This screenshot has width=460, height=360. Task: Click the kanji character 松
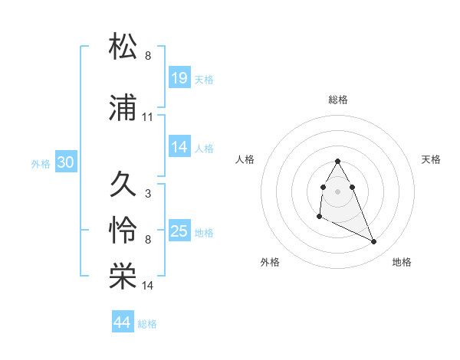click(x=123, y=47)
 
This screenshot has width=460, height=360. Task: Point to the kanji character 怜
click(x=123, y=231)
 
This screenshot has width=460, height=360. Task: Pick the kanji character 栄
click(x=123, y=277)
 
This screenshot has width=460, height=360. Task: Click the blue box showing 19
click(x=179, y=77)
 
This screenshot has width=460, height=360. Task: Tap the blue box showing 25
click(x=179, y=231)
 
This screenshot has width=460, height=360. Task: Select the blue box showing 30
click(x=65, y=162)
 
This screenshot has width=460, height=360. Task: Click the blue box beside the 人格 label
click(x=179, y=147)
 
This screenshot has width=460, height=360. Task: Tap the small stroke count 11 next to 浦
click(x=148, y=117)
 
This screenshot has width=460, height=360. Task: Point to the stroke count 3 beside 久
click(x=147, y=193)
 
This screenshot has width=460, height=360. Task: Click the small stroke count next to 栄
click(x=148, y=286)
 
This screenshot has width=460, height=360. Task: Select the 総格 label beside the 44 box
click(x=147, y=324)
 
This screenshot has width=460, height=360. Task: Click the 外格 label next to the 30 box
click(x=41, y=164)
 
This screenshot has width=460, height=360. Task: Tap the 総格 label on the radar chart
click(x=338, y=100)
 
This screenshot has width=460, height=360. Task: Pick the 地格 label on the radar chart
click(x=402, y=262)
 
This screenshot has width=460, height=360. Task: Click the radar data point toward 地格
click(x=374, y=242)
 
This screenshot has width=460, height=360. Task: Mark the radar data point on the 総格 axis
click(x=338, y=162)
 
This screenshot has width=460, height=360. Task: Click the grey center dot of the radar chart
click(x=338, y=191)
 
